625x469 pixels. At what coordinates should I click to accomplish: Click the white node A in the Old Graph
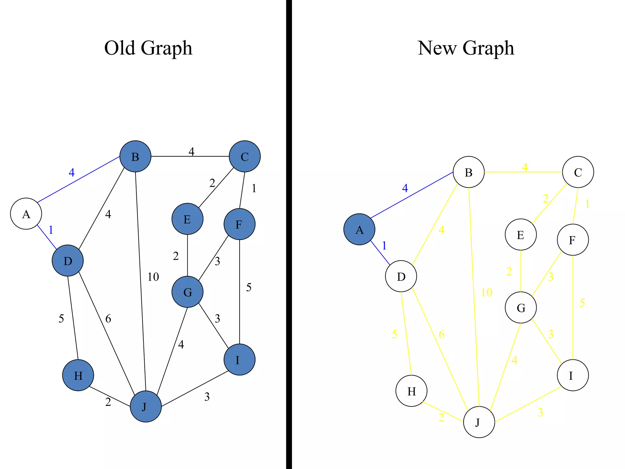[x=26, y=214]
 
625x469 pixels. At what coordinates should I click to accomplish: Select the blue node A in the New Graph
[x=359, y=229]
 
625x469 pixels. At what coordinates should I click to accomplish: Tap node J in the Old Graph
[x=146, y=406]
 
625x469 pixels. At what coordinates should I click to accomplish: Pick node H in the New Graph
[x=411, y=391]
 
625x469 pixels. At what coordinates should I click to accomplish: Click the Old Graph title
[x=148, y=48]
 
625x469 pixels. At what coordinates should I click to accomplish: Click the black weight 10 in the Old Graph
[x=153, y=277]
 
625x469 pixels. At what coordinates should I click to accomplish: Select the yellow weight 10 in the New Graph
[x=486, y=293]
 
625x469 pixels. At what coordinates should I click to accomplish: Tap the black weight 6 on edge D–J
[x=108, y=319]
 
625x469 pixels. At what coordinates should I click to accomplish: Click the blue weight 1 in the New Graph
[x=384, y=245]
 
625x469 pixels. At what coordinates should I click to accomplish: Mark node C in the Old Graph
[x=244, y=156]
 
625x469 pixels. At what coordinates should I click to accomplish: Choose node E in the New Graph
[x=521, y=234]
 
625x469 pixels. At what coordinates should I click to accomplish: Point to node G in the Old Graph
[x=187, y=292]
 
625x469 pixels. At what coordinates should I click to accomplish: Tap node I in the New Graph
[x=573, y=375]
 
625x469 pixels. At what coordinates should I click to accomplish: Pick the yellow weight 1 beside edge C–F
[x=587, y=204]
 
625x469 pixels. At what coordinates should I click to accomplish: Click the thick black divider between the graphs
[x=289, y=234]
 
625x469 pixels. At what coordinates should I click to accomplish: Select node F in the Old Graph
[x=239, y=224]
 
